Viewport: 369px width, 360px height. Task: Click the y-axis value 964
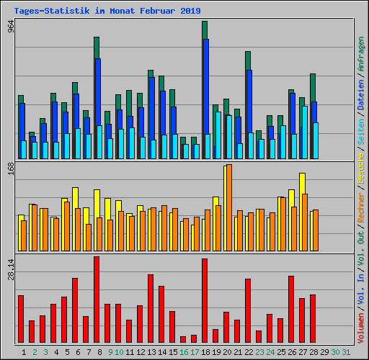[10, 27]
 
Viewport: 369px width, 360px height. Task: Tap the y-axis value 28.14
[10, 271]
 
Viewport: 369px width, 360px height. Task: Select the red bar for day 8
[97, 300]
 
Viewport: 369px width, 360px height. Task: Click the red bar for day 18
[205, 301]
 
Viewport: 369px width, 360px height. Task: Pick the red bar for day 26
[291, 310]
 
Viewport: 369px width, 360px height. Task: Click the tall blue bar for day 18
[205, 86]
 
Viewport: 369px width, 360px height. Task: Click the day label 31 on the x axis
[346, 352]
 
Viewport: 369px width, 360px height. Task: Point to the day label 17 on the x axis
[195, 352]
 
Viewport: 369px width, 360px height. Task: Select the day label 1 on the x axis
[24, 352]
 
